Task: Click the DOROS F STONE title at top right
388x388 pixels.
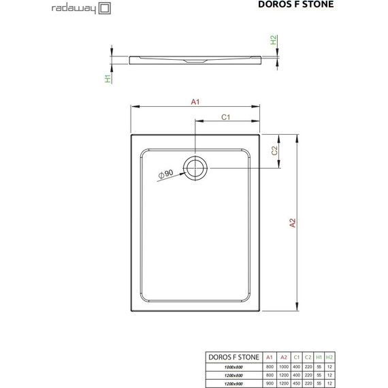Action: pos(343,8)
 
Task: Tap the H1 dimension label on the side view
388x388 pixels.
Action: pos(108,79)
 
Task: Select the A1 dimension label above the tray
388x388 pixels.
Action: pos(195,101)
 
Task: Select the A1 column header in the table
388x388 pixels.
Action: pos(270,356)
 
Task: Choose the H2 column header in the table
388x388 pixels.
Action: pos(329,356)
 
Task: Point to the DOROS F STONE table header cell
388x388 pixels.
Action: pos(233,356)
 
